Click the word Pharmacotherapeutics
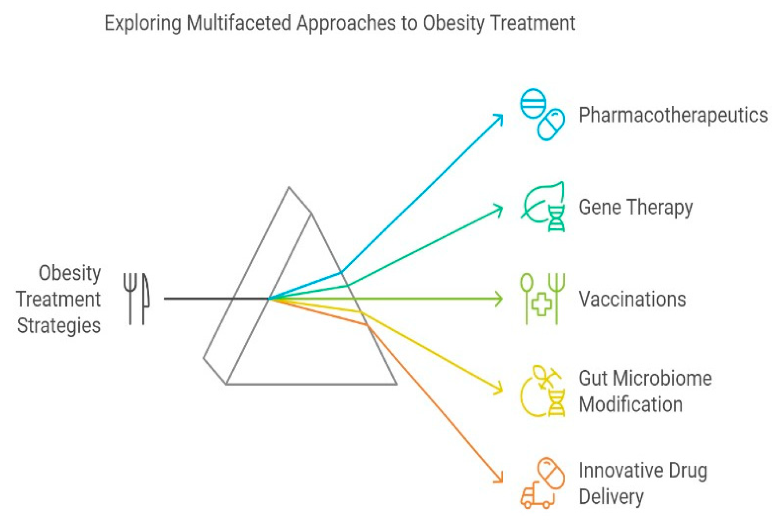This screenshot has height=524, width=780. click(673, 115)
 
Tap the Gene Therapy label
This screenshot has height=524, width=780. click(635, 207)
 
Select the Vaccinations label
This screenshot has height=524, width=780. click(632, 299)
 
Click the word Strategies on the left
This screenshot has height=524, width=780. click(59, 325)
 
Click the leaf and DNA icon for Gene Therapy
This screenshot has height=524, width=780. click(542, 207)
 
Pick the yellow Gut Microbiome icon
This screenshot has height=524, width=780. click(542, 391)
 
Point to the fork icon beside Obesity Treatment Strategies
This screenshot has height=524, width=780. click(130, 298)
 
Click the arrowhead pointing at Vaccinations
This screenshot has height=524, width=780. click(500, 299)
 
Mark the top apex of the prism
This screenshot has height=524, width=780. click(289, 187)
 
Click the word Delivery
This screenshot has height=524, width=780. click(611, 496)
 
